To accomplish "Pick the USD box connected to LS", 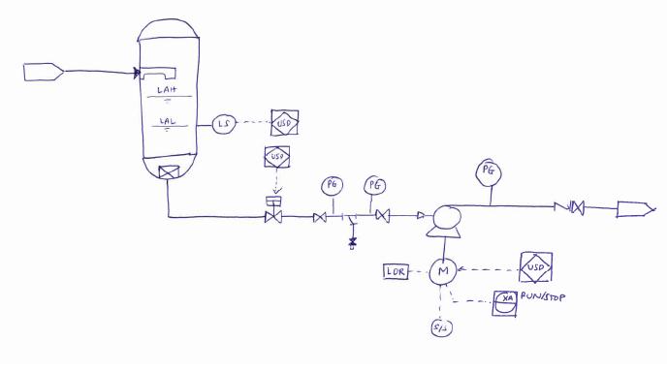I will [x=284, y=123].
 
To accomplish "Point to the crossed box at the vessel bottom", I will [x=171, y=173].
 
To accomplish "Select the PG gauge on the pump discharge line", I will [x=489, y=172].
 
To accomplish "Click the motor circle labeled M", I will [x=445, y=272].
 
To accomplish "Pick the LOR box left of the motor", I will [x=397, y=272].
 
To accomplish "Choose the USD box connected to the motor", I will [x=536, y=266].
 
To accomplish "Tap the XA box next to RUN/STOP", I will [x=506, y=301].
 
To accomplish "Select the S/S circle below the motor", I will [x=442, y=328].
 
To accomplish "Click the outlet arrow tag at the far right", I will [x=635, y=207].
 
